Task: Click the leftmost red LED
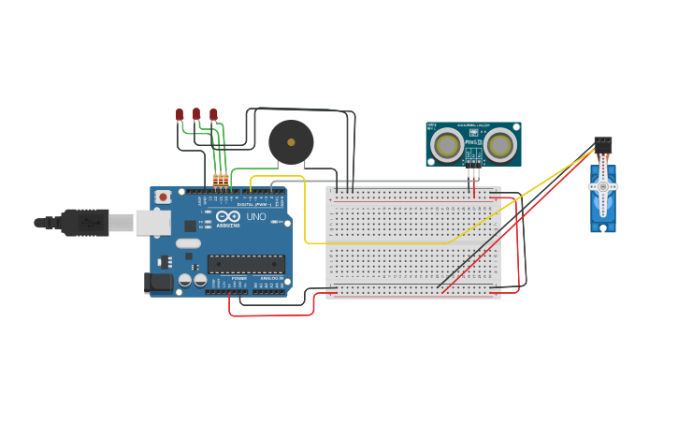coord(180,114)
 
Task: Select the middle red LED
coord(196,114)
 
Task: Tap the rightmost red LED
coord(213,114)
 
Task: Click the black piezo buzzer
coord(291,142)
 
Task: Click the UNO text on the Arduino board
coord(255,216)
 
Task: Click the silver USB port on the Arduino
coord(152,223)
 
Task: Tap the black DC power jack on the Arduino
coord(158,282)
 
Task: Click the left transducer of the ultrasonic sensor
coord(448,145)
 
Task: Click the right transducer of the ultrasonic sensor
coord(499,145)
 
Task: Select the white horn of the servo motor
coord(603,186)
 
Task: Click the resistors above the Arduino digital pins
coord(220,179)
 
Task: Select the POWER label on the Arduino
coord(238,278)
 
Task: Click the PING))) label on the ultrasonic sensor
coord(473,142)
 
